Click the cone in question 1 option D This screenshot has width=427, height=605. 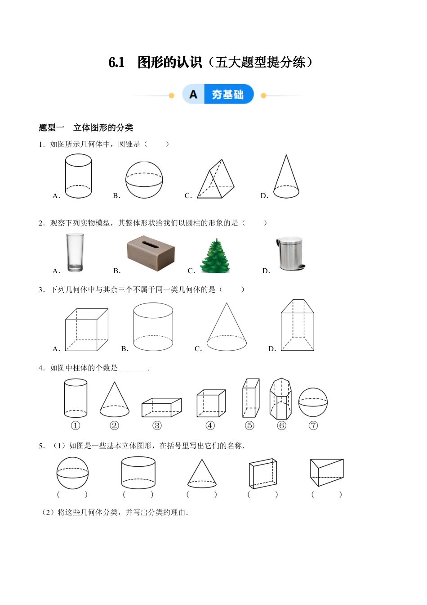286,178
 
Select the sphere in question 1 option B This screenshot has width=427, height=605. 144,180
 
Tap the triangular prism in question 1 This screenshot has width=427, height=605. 217,180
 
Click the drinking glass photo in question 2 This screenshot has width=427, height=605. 75,253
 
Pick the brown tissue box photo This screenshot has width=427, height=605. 151,253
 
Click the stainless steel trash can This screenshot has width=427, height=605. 290,253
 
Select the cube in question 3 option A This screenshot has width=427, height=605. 86,330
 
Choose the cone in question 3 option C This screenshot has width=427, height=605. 227,328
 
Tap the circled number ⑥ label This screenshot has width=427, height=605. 281,425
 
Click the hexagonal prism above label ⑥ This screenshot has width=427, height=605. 281,398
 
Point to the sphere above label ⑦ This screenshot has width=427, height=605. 313,403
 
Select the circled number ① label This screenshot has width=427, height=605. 75,425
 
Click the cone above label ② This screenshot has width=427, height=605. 114,400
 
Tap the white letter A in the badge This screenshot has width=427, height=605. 193,95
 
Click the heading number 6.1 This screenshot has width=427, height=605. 116,63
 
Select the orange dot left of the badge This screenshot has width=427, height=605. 171,95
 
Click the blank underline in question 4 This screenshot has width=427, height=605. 133,369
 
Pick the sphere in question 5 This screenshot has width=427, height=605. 72,473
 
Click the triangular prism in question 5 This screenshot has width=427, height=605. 327,472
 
